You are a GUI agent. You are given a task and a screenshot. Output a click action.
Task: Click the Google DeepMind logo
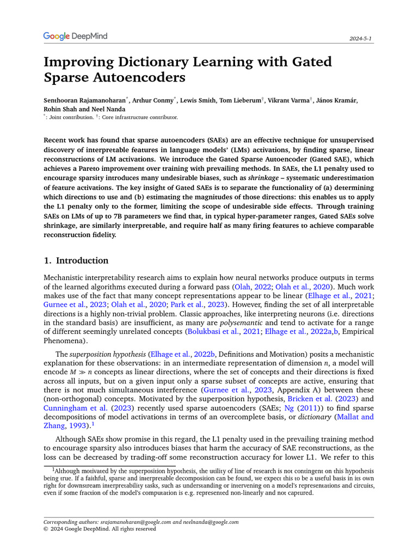(x=75, y=36)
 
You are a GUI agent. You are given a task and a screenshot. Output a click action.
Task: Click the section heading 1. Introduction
(x=76, y=261)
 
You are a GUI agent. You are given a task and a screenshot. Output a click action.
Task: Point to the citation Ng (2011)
(x=295, y=408)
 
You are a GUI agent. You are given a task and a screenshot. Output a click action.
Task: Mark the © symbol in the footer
(x=46, y=529)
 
